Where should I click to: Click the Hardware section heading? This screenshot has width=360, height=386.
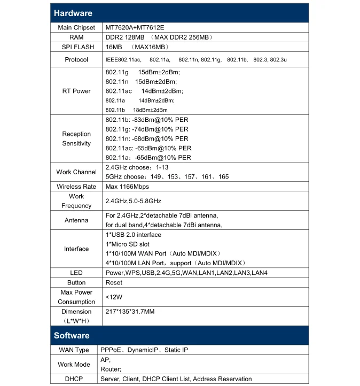73,13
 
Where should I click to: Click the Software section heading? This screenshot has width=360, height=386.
72,335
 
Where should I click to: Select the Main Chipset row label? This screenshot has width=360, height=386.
76,27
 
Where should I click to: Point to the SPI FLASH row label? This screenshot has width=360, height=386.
76,47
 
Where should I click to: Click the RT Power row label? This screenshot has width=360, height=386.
76,91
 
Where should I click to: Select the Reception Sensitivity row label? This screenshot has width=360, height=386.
76,139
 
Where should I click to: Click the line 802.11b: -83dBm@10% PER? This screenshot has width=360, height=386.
147,120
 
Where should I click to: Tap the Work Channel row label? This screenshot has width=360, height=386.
76,172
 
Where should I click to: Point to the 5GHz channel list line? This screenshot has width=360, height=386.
167,176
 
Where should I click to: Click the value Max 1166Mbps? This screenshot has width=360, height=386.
127,187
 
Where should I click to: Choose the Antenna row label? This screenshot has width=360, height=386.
76,220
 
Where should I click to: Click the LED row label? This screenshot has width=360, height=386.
76,273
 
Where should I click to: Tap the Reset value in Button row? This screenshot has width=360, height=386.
114,283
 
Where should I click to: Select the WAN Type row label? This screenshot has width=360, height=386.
74,350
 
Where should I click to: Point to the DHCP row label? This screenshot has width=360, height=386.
74,379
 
